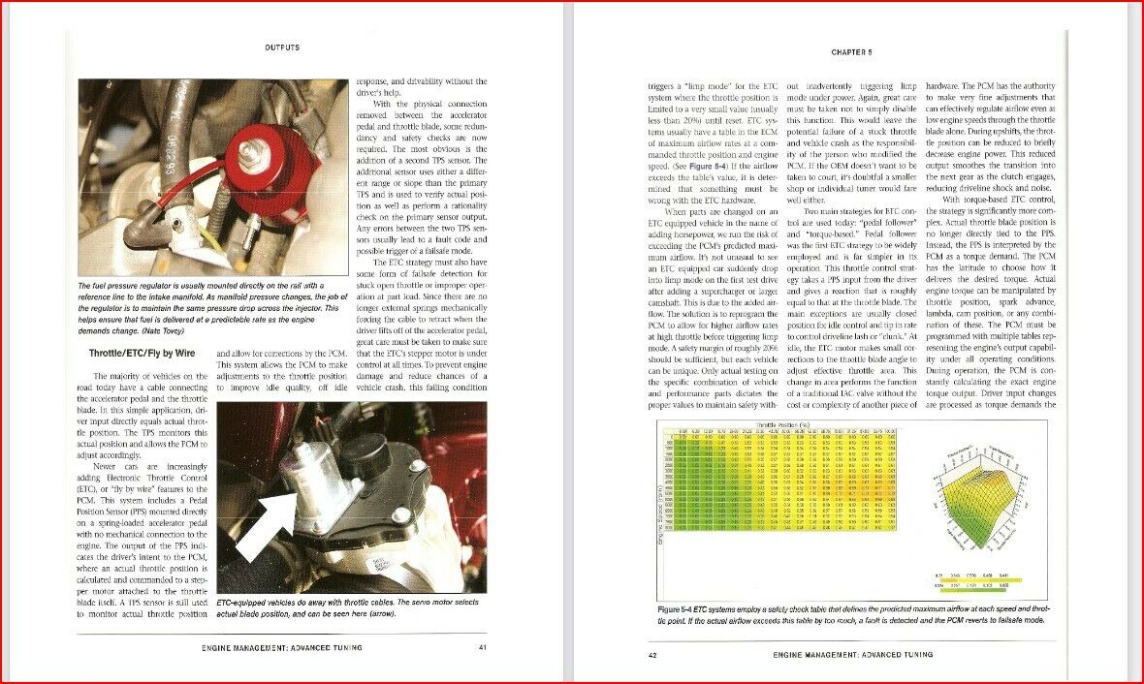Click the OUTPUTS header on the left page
[x=282, y=47]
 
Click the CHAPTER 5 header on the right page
[x=851, y=51]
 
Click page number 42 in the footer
[x=652, y=654]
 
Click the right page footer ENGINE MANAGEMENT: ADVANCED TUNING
[x=853, y=654]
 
